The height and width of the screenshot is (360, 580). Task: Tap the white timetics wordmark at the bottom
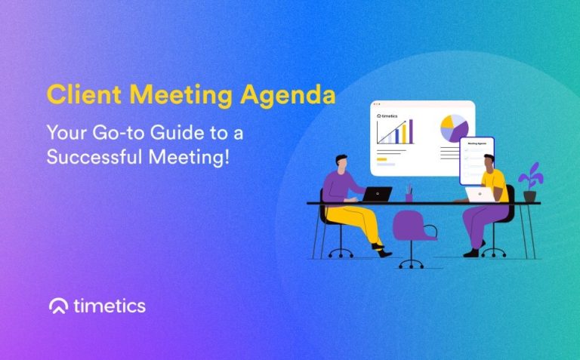coord(110,306)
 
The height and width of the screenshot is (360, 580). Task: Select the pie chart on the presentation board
coord(454,128)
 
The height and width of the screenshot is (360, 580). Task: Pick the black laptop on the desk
coord(377,194)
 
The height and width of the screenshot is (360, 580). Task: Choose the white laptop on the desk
coord(479,195)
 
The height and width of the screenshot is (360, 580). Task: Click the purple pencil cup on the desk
coord(409,195)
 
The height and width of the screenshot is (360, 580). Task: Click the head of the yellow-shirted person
coord(489,162)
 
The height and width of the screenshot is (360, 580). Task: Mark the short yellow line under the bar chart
coord(382,158)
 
